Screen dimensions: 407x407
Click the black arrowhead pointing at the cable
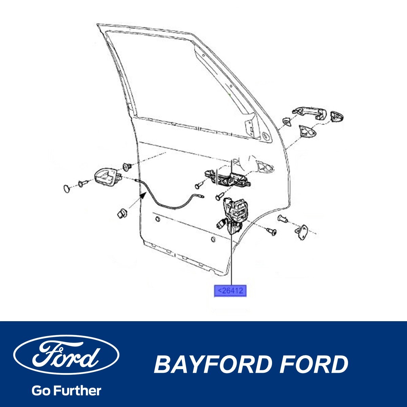(x=144, y=195)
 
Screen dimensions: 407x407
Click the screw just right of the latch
(x=271, y=232)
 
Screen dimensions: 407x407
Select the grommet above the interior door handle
(x=128, y=166)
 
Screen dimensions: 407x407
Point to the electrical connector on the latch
(x=220, y=224)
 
